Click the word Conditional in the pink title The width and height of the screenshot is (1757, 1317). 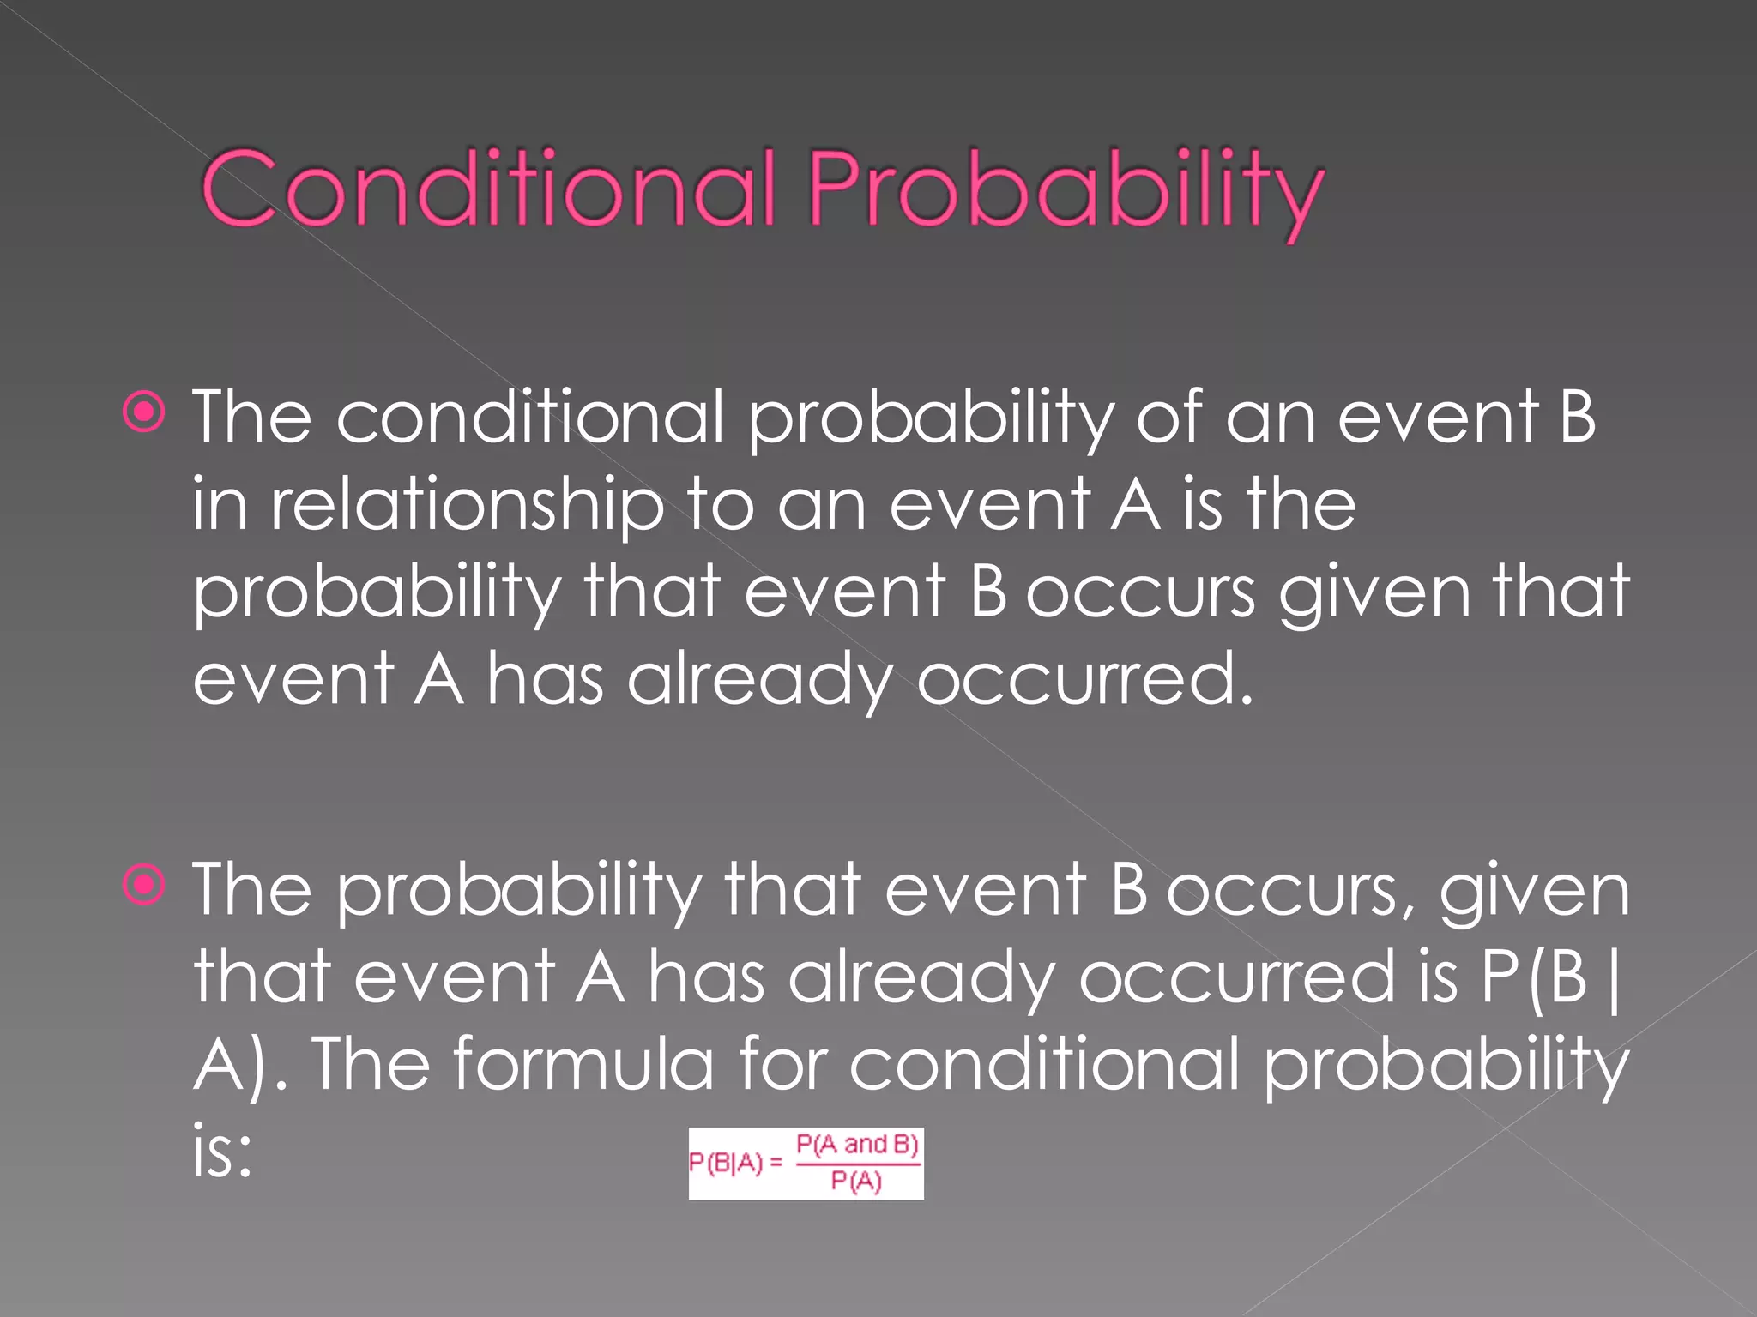click(487, 188)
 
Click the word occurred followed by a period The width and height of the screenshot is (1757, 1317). click(1084, 678)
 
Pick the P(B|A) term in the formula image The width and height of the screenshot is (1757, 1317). click(726, 1164)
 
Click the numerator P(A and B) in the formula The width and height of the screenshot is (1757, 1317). click(857, 1144)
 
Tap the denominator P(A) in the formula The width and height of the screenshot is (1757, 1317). click(856, 1182)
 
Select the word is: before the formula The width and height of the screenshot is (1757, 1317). click(222, 1152)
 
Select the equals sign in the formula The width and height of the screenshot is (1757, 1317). click(776, 1164)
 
